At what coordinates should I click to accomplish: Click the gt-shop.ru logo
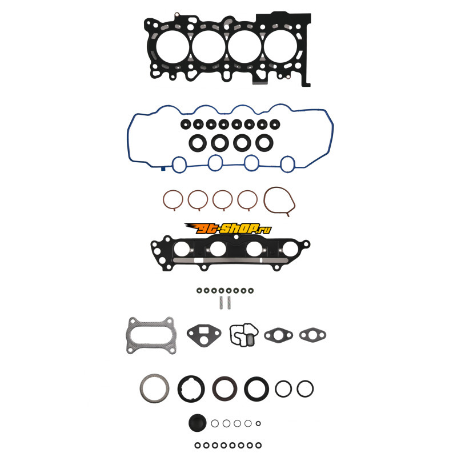click(228, 228)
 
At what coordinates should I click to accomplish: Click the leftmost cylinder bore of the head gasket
click(173, 47)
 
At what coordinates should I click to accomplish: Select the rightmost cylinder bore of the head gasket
click(280, 47)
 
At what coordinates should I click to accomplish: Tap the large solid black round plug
click(197, 423)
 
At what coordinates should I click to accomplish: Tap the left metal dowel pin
click(221, 303)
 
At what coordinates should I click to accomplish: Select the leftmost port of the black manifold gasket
click(181, 249)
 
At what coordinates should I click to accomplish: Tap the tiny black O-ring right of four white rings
click(258, 423)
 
